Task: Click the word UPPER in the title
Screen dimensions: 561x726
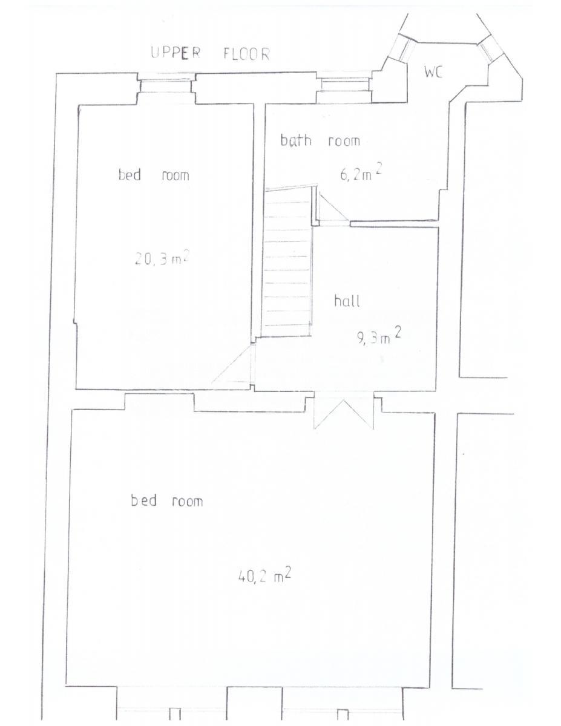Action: pyautogui.click(x=176, y=53)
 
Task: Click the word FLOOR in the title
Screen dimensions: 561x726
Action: pyautogui.click(x=246, y=54)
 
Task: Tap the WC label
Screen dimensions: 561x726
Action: pyautogui.click(x=433, y=72)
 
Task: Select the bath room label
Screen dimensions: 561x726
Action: pyautogui.click(x=320, y=140)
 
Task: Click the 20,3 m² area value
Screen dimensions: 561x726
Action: pyautogui.click(x=163, y=258)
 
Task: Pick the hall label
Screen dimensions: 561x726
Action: pyautogui.click(x=347, y=301)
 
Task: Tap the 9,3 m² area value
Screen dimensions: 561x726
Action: pyautogui.click(x=379, y=336)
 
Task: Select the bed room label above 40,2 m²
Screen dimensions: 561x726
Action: pyautogui.click(x=166, y=500)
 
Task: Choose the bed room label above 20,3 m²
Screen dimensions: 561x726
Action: pyautogui.click(x=154, y=175)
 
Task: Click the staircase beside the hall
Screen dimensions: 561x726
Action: pyautogui.click(x=287, y=263)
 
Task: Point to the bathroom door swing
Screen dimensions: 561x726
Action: pyautogui.click(x=333, y=208)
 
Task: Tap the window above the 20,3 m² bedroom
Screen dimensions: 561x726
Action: pyautogui.click(x=166, y=87)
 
